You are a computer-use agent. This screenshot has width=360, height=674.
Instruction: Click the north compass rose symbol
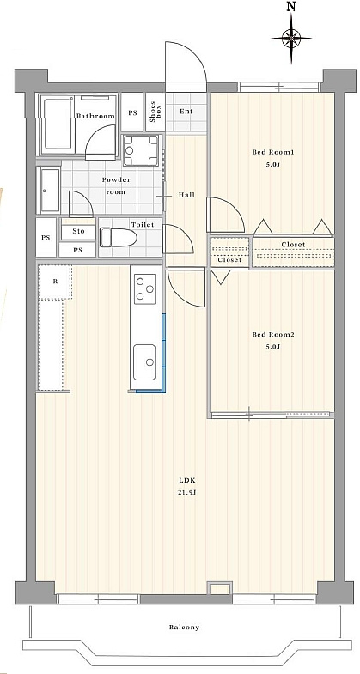point(291,38)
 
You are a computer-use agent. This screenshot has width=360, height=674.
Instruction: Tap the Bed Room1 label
point(270,152)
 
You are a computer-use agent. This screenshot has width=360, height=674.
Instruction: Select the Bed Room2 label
point(270,334)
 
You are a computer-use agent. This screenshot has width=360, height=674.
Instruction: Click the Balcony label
point(184,627)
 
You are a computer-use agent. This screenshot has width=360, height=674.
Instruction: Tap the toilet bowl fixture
point(119,237)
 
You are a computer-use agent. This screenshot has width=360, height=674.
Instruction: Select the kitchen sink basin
point(144,362)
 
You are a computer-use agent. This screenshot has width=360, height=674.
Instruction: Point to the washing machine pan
point(141,150)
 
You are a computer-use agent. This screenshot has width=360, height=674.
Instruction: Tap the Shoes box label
point(155,112)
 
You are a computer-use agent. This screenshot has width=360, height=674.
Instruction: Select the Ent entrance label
point(186,112)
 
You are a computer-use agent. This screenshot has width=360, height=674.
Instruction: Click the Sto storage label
point(78,231)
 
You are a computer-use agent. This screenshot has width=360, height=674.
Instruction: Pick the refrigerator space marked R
point(55,282)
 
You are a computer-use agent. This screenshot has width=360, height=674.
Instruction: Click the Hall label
point(186,195)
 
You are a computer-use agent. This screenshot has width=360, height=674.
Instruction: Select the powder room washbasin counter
point(50,190)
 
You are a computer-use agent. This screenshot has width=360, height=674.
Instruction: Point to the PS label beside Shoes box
point(132,112)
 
